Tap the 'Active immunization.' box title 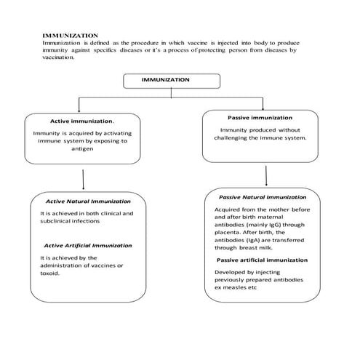click(81, 121)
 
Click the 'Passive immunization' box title click(260, 117)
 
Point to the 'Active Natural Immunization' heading click(88, 201)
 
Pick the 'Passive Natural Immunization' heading click(263, 196)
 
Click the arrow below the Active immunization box click(86, 179)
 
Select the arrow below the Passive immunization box click(266, 175)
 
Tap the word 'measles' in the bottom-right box click(244, 287)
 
